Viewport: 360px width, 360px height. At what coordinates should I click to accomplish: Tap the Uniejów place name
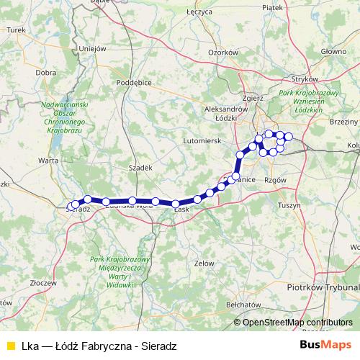coord(92,49)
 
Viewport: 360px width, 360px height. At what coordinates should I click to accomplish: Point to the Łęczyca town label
coord(199,12)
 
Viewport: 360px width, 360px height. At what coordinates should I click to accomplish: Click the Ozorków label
coord(222,53)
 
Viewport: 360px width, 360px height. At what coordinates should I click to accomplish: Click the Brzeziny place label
coord(343,122)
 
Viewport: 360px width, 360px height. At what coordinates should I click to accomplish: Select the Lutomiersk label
coord(202,140)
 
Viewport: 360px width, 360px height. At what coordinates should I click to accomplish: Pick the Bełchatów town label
coord(242,305)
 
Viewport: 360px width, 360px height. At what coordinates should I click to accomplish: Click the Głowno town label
coord(333,51)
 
